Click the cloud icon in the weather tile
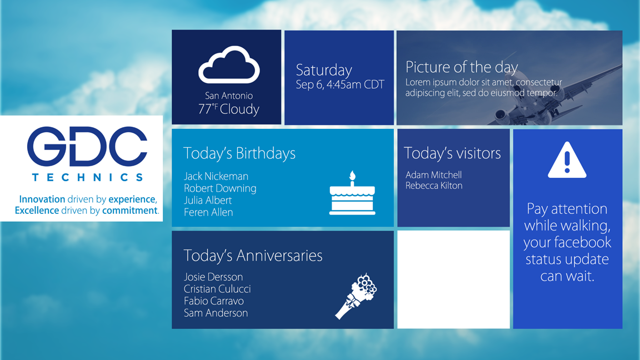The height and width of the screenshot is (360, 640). (229, 65)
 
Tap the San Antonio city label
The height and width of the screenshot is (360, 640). (229, 96)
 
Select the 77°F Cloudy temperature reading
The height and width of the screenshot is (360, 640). (229, 109)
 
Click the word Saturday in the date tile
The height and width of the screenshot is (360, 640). (324, 71)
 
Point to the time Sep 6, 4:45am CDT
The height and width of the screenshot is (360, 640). (340, 85)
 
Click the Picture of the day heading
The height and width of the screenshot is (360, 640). (462, 67)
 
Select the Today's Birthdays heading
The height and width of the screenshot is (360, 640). (239, 153)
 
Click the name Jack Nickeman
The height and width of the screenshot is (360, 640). (216, 176)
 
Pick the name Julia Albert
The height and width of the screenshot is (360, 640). (208, 200)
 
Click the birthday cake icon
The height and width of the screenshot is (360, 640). (352, 194)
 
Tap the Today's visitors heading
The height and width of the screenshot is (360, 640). (452, 153)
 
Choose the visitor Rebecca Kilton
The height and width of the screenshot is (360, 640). (434, 186)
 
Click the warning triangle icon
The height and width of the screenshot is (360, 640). (567, 161)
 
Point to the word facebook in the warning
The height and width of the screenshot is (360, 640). (582, 242)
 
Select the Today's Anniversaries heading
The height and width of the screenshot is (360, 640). (253, 256)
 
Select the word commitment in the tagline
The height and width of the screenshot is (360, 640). (130, 211)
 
